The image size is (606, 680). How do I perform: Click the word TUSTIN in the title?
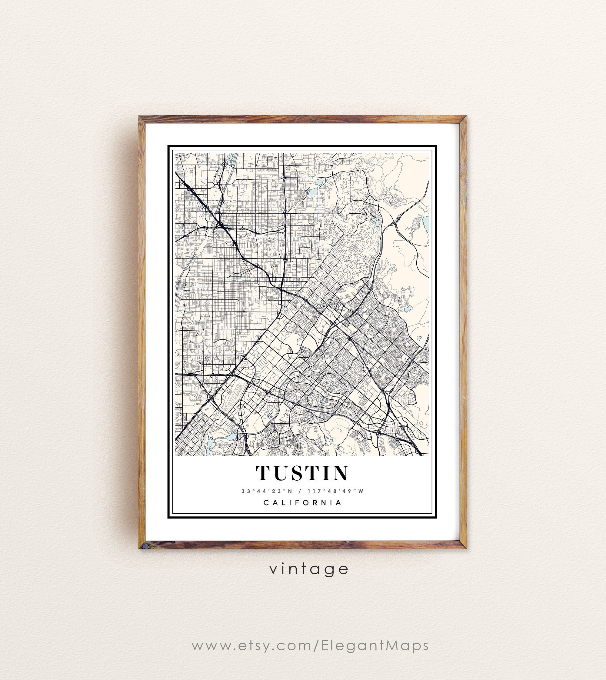tap(302, 473)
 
